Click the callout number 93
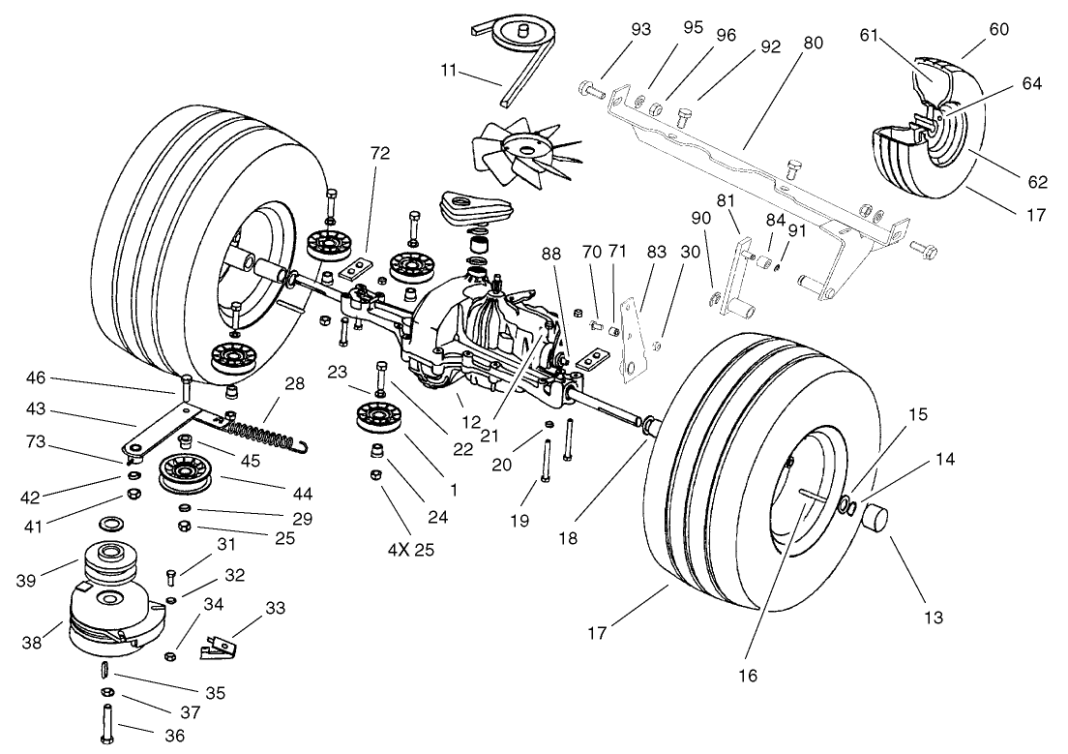coord(641,29)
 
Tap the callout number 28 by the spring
coord(295,383)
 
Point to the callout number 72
coord(379,153)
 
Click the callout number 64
coord(1031,84)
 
